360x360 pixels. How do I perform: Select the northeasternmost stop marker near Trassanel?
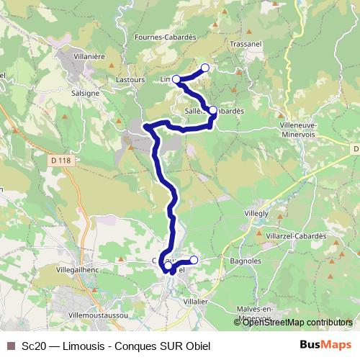(x=204, y=68)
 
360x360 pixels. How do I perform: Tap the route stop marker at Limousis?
(x=176, y=79)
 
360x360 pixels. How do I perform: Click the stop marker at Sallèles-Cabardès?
(x=212, y=110)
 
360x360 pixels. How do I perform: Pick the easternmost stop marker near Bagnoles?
(x=193, y=260)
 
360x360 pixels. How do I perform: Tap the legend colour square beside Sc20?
(x=10, y=346)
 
